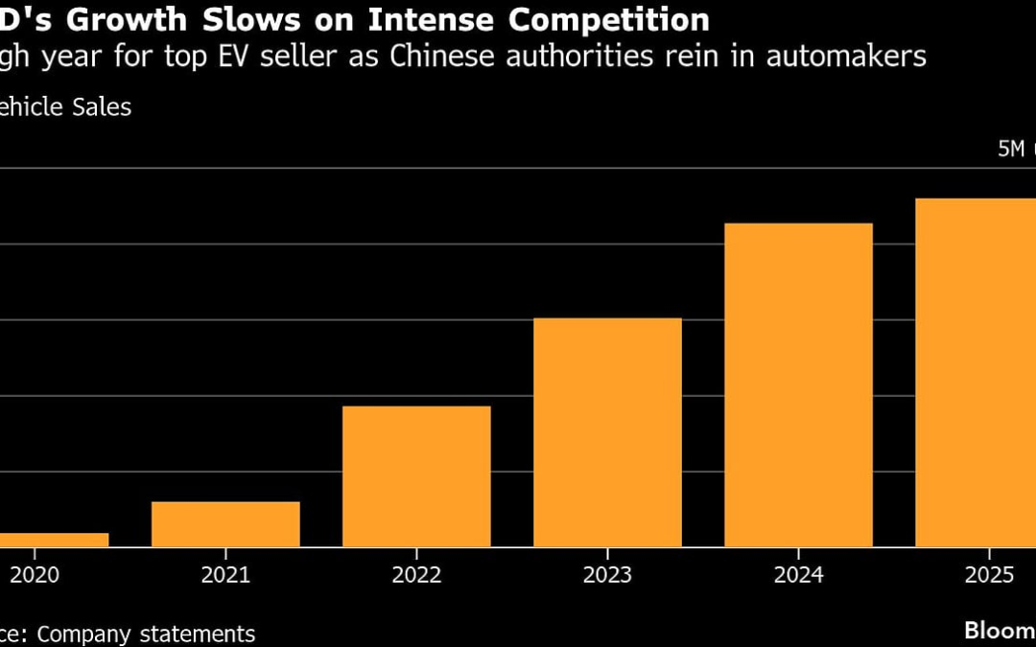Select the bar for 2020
point(53,540)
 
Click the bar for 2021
point(225,524)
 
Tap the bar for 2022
point(416,476)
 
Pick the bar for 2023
point(607,432)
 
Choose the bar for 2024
point(798,384)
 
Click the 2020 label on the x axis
point(35,575)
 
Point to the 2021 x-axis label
point(225,575)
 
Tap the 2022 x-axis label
point(416,575)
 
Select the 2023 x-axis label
point(607,575)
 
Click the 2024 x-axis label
point(798,575)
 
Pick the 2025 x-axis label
point(989,575)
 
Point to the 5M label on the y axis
point(1011,150)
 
